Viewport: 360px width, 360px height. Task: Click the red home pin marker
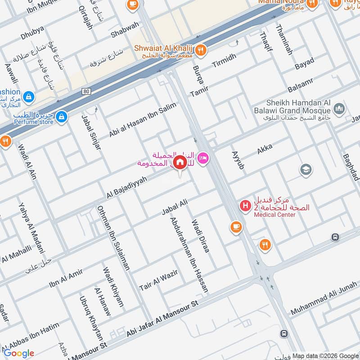click(180, 162)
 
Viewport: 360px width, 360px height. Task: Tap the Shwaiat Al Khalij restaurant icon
click(201, 50)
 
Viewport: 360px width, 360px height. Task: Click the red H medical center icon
click(245, 206)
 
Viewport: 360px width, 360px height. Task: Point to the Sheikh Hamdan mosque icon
click(339, 108)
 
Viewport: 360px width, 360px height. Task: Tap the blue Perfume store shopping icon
click(61, 117)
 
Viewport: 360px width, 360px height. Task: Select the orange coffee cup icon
click(235, 227)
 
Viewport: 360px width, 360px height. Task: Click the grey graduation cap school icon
click(306, 170)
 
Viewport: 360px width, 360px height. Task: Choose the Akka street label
click(264, 149)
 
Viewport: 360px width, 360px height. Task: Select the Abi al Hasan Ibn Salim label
click(142, 120)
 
